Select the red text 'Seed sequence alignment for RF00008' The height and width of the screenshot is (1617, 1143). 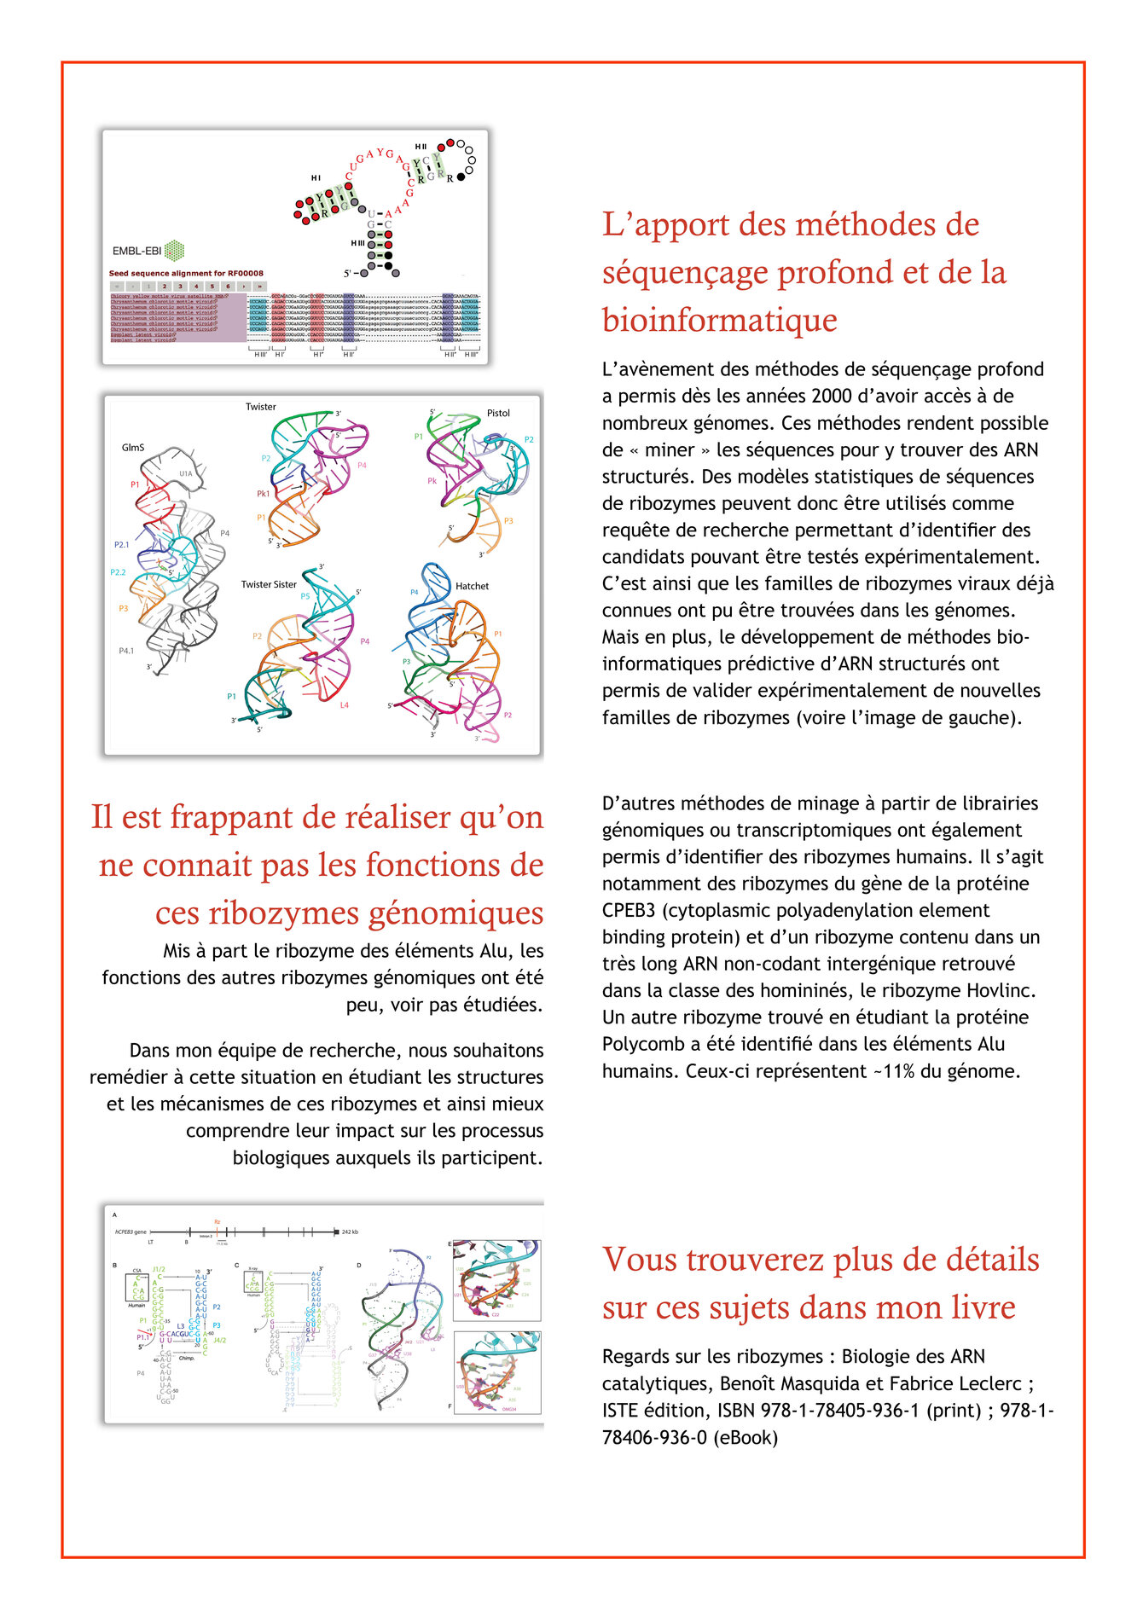pyautogui.click(x=186, y=274)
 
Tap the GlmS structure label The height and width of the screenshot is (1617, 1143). pyautogui.click(x=133, y=448)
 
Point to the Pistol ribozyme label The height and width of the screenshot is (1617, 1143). pyautogui.click(x=498, y=414)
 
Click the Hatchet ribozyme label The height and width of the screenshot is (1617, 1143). pyautogui.click(x=472, y=586)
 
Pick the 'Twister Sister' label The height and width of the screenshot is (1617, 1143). pyautogui.click(x=269, y=585)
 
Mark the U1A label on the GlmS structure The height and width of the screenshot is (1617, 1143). pyautogui.click(x=185, y=473)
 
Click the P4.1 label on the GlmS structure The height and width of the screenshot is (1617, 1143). pyautogui.click(x=126, y=651)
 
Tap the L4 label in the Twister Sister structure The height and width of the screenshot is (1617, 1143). pyautogui.click(x=344, y=705)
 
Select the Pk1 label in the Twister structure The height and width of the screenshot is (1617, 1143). pyautogui.click(x=263, y=494)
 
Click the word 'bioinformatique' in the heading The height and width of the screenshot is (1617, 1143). pyautogui.click(x=720, y=320)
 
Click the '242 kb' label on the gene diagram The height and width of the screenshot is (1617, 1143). pyautogui.click(x=350, y=1232)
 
